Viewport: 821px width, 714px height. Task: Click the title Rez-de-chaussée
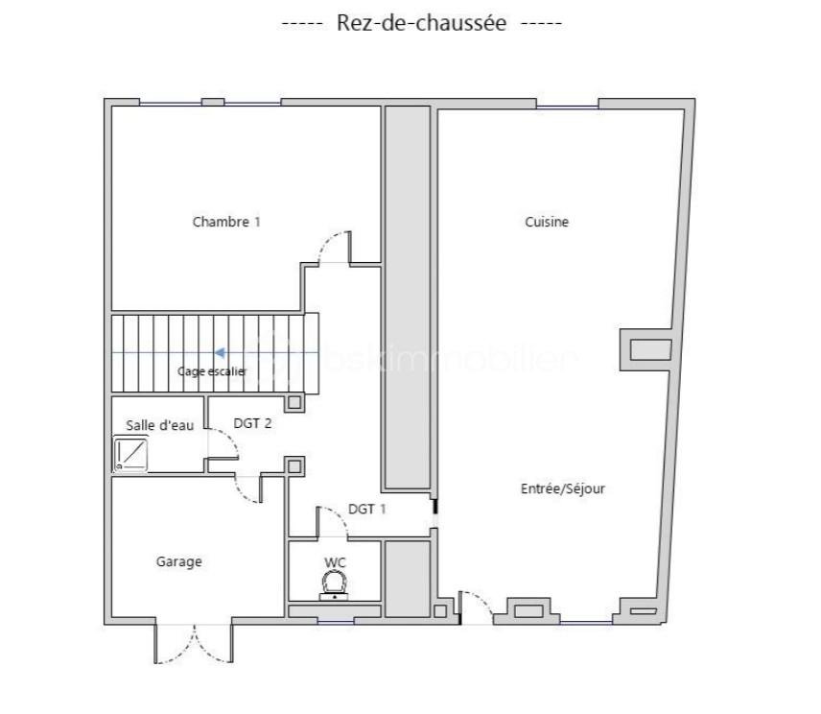pos(421,23)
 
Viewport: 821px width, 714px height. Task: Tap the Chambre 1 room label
pos(226,222)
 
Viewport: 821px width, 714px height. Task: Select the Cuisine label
pos(547,222)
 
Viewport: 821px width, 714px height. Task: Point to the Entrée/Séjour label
pos(563,488)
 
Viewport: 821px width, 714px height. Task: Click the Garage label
pos(178,561)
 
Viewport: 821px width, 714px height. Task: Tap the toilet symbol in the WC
pos(334,583)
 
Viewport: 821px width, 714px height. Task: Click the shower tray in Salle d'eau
pos(130,453)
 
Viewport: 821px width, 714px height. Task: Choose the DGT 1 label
pos(366,509)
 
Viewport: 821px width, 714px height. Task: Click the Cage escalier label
pos(212,370)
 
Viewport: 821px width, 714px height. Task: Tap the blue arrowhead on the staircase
pos(219,353)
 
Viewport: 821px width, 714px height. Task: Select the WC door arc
pos(333,521)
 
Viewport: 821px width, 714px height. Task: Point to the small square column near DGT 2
pos(295,467)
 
